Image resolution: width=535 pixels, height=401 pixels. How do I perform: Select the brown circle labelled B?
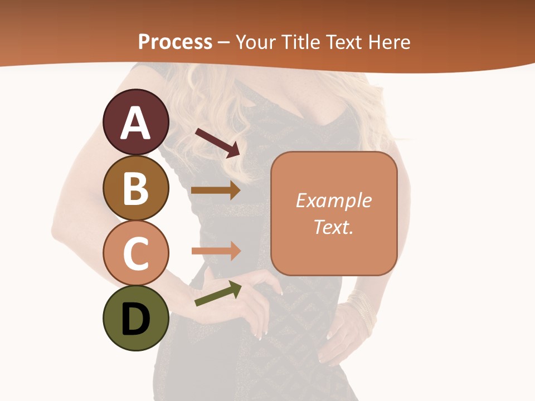(135, 188)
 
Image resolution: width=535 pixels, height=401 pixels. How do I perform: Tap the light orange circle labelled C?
(135, 253)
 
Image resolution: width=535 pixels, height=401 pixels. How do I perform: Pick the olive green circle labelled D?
(135, 318)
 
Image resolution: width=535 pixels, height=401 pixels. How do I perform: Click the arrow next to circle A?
(217, 143)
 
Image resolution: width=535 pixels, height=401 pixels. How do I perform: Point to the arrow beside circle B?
(215, 190)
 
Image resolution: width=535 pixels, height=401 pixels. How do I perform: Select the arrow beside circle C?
(215, 251)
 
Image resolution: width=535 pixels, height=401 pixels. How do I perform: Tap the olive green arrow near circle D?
(218, 294)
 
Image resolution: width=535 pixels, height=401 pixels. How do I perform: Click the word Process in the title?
(175, 42)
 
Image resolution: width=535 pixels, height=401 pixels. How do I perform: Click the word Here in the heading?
(390, 42)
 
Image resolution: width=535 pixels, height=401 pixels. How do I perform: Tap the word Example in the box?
(333, 200)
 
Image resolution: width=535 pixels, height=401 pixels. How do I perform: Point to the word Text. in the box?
(333, 227)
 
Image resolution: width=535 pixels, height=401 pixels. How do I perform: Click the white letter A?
(135, 124)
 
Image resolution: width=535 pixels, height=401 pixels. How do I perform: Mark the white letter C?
(135, 254)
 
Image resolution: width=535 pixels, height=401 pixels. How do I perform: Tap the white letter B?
(135, 189)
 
